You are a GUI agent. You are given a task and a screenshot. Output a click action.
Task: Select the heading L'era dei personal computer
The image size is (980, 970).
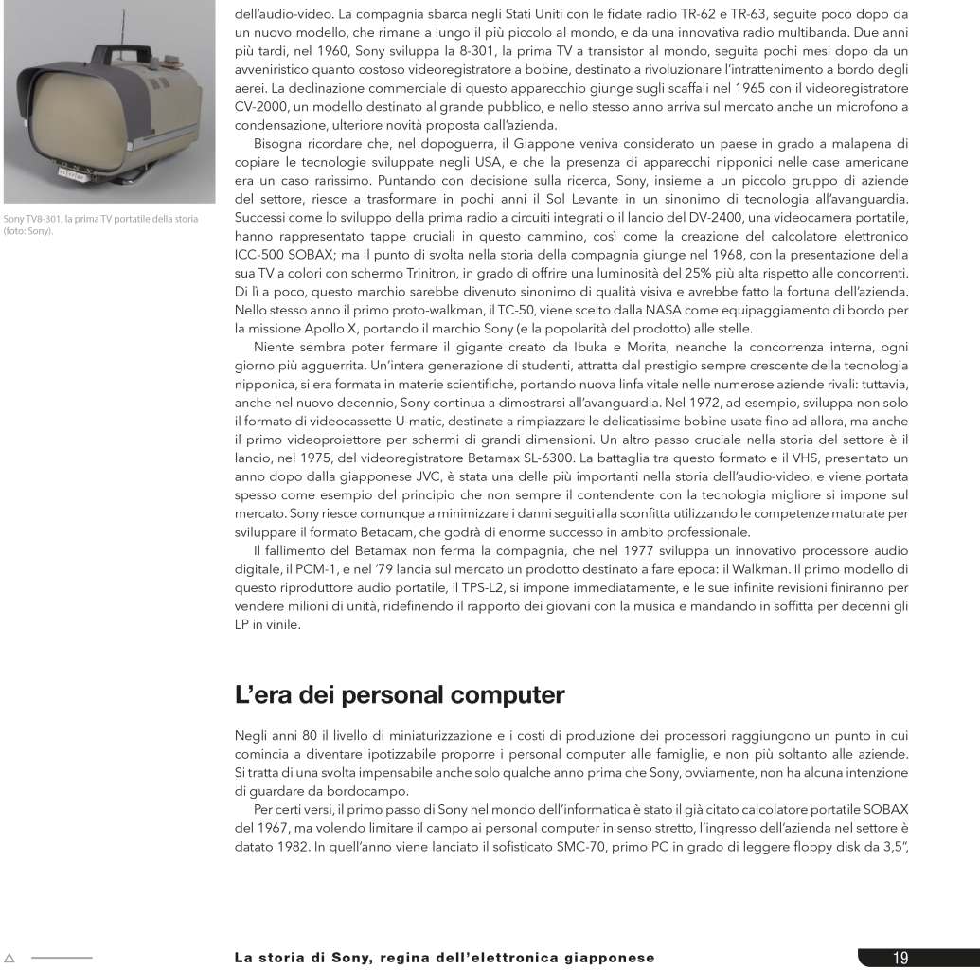click(400, 695)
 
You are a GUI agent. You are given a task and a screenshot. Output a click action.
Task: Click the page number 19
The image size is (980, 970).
click(900, 958)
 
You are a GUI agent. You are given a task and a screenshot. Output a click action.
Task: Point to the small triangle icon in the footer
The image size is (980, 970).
click(9, 958)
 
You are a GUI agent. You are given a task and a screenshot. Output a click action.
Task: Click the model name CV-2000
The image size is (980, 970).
click(259, 107)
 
